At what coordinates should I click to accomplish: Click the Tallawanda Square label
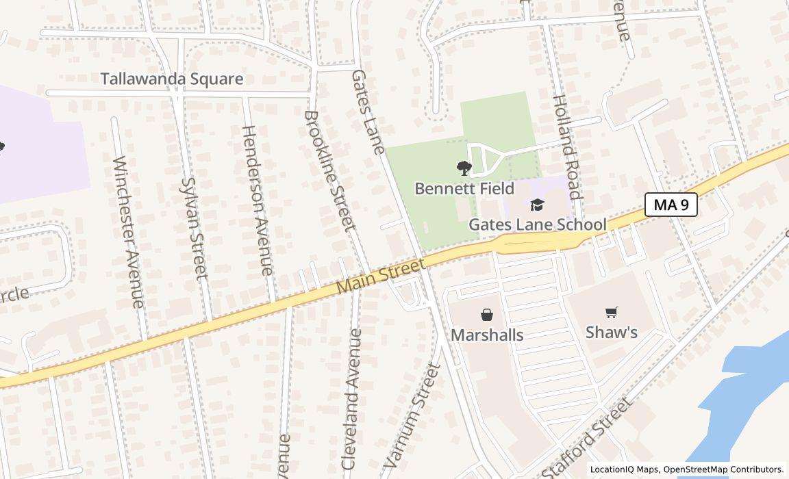pyautogui.click(x=172, y=79)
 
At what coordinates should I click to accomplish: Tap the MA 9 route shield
pyautogui.click(x=671, y=204)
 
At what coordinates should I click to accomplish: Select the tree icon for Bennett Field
pyautogui.click(x=464, y=168)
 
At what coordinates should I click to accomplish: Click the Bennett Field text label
pyautogui.click(x=464, y=187)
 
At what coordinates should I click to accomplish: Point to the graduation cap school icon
pyautogui.click(x=537, y=205)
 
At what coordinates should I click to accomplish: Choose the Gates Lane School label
pyautogui.click(x=537, y=224)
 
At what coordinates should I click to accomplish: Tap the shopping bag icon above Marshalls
pyautogui.click(x=487, y=315)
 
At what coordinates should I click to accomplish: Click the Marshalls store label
pyautogui.click(x=487, y=335)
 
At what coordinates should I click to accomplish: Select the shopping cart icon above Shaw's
pyautogui.click(x=612, y=313)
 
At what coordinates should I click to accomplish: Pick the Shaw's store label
pyautogui.click(x=612, y=333)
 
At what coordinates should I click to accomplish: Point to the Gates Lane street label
pyautogui.click(x=367, y=112)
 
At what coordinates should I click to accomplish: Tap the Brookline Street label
pyautogui.click(x=330, y=170)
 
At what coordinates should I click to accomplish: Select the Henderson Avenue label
pyautogui.click(x=257, y=200)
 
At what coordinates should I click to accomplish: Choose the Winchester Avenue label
pyautogui.click(x=129, y=232)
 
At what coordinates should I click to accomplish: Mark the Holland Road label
pyautogui.click(x=566, y=146)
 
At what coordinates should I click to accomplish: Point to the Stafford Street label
pyautogui.click(x=586, y=438)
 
